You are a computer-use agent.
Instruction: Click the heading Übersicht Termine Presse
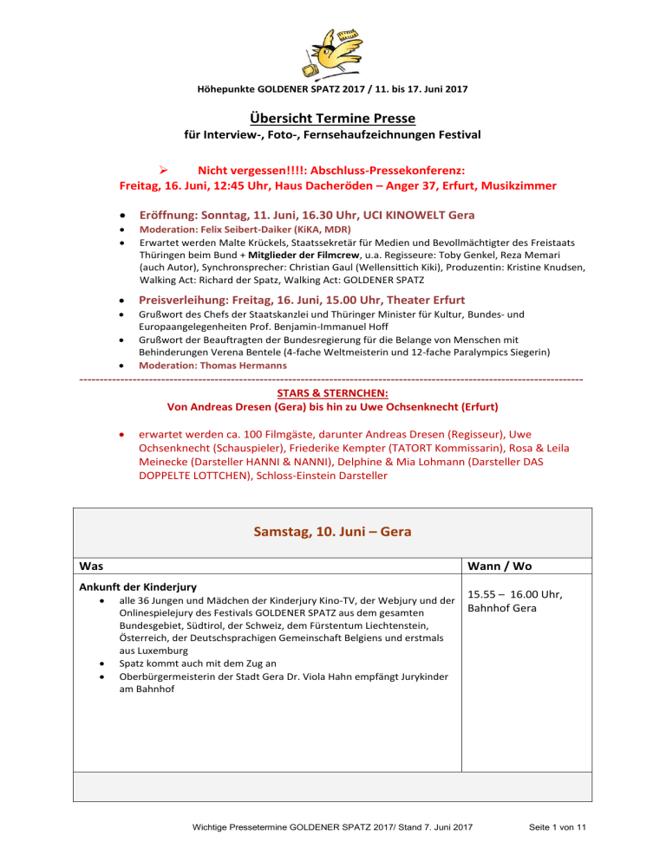(x=333, y=118)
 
